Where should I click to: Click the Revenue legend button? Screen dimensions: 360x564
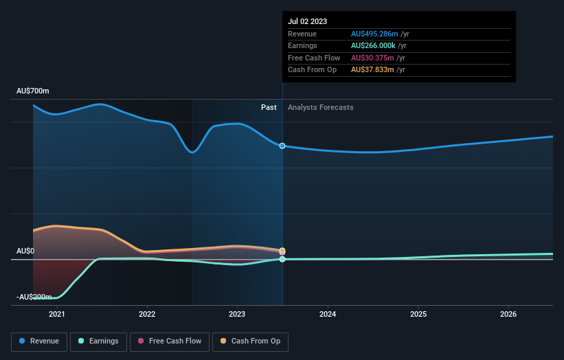pos(39,341)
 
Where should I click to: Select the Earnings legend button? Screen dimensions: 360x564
pos(98,341)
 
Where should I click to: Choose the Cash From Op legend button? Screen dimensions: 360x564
pos(251,341)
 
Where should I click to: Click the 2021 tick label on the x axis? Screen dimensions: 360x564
pos(56,314)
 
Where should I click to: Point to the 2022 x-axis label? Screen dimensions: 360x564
pos(147,314)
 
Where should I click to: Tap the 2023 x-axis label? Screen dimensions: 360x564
pos(237,314)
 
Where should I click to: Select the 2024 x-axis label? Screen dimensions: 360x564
pos(328,314)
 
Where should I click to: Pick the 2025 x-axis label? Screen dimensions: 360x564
pos(418,314)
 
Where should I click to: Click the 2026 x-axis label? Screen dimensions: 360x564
pos(508,314)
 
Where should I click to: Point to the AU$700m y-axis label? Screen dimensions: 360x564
pos(33,91)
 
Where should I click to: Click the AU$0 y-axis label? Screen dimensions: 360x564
pos(25,251)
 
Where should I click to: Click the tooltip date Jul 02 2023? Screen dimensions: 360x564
pos(308,21)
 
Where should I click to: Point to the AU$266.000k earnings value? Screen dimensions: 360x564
pos(373,46)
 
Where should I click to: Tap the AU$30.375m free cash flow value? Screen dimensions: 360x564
pos(370,58)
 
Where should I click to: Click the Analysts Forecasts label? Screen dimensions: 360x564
pos(321,107)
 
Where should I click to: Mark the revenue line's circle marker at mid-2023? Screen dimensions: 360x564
pos(282,146)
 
